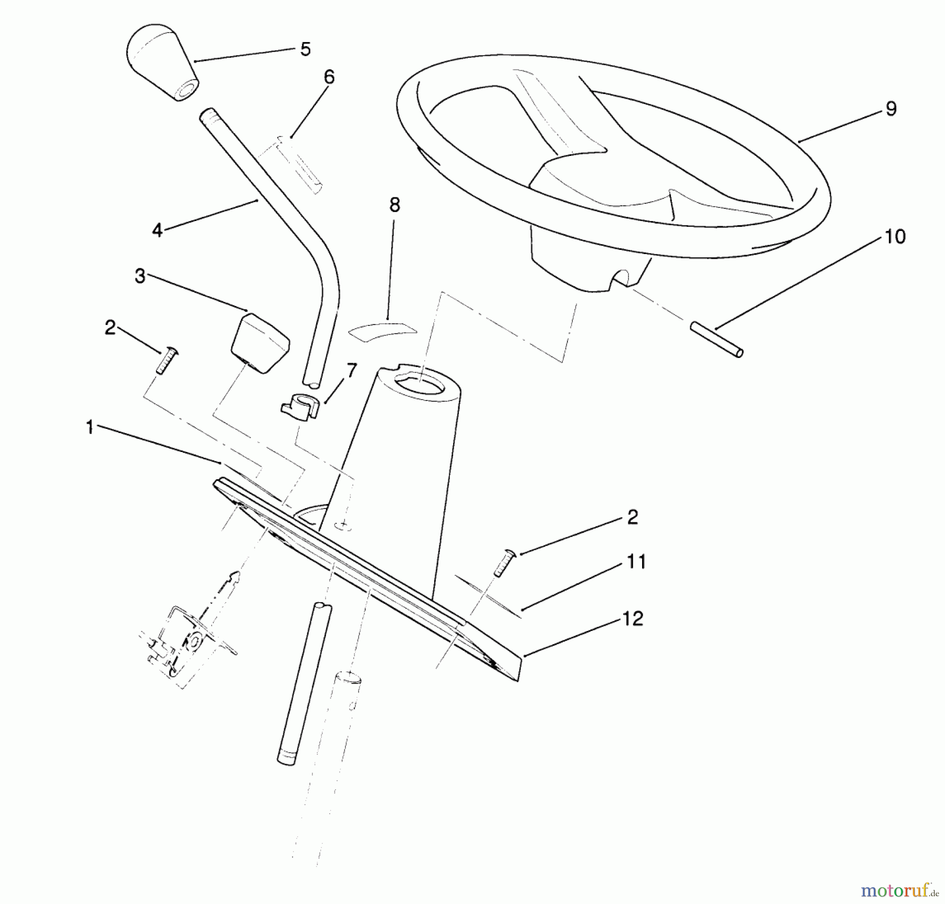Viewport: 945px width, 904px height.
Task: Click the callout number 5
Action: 306,50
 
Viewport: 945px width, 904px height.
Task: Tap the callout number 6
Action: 329,78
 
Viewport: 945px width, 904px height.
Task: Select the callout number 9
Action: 891,109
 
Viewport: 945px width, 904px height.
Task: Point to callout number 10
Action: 895,237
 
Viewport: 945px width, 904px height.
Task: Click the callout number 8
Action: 395,205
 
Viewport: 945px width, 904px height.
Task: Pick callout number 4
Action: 157,230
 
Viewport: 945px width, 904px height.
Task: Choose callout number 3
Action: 140,276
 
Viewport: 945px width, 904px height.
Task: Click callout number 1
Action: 90,427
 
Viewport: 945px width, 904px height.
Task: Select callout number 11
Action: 636,562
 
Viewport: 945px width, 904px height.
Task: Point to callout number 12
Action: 633,619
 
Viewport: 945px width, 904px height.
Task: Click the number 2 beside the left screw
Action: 110,328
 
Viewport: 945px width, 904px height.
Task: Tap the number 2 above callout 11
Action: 633,518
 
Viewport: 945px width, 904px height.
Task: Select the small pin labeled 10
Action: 717,340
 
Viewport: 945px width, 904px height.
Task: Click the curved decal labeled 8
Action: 382,329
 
